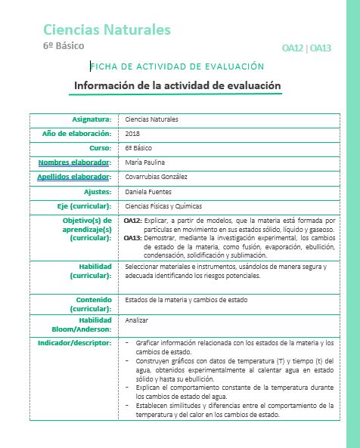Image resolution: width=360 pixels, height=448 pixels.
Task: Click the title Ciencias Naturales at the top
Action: click(x=107, y=29)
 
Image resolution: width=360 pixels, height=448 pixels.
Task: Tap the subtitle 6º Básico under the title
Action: click(x=64, y=47)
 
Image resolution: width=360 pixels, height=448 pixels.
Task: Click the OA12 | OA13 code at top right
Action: click(x=306, y=48)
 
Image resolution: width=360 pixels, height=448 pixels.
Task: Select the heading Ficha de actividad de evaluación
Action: click(x=178, y=67)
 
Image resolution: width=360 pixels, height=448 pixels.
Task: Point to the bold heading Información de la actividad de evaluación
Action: click(x=177, y=85)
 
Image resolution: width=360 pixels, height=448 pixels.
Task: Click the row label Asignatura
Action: click(x=92, y=119)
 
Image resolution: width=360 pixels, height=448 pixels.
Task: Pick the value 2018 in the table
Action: click(x=133, y=134)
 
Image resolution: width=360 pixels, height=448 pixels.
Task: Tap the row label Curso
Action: click(x=100, y=148)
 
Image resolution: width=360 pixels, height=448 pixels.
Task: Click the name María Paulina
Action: click(x=144, y=162)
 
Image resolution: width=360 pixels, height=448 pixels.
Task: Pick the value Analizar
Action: click(x=137, y=320)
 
